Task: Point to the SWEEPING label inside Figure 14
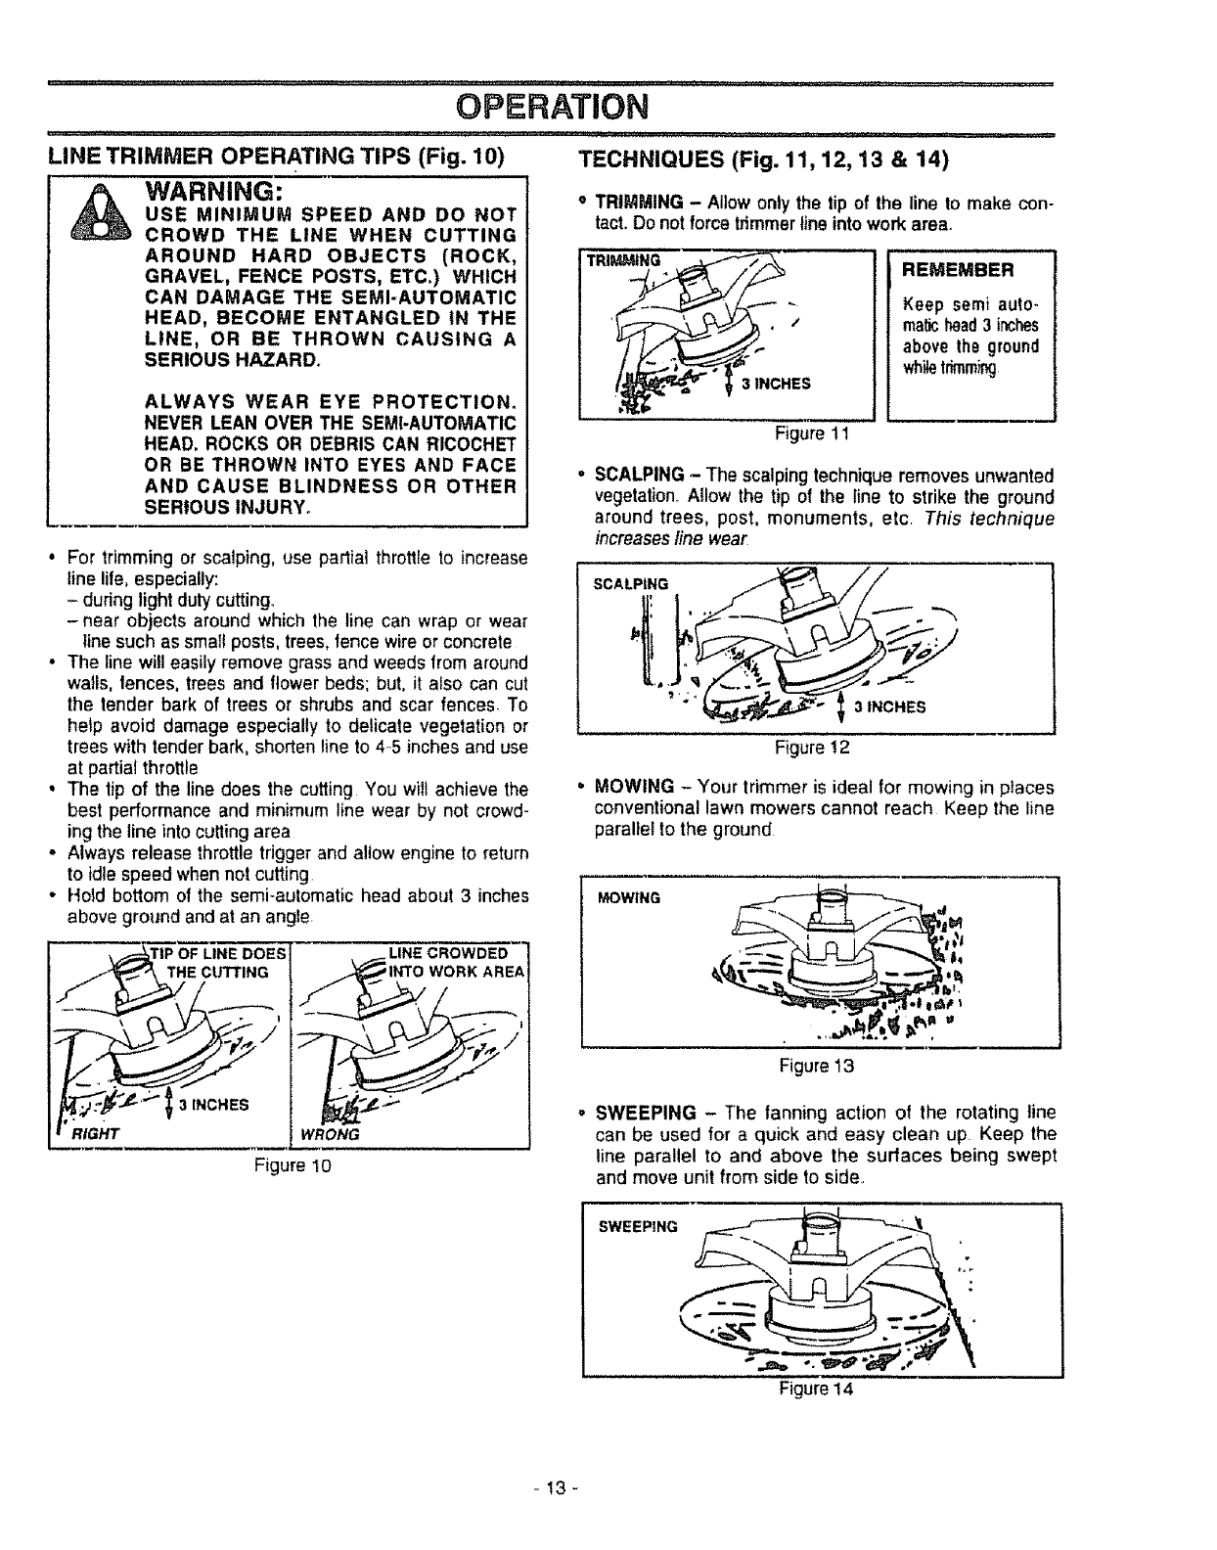click(x=637, y=1227)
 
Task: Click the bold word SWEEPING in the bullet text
click(x=646, y=1115)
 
